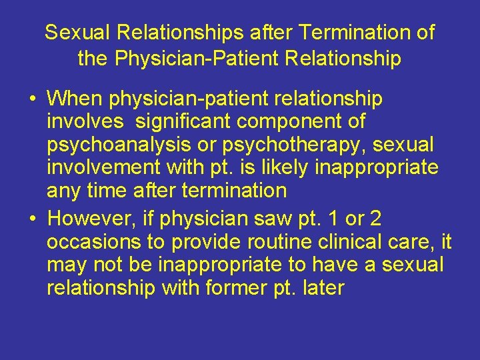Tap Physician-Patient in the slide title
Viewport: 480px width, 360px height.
point(197,59)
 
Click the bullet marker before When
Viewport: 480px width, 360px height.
point(32,100)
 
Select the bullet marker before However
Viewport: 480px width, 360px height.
point(32,219)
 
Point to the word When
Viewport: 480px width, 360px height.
point(75,99)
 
